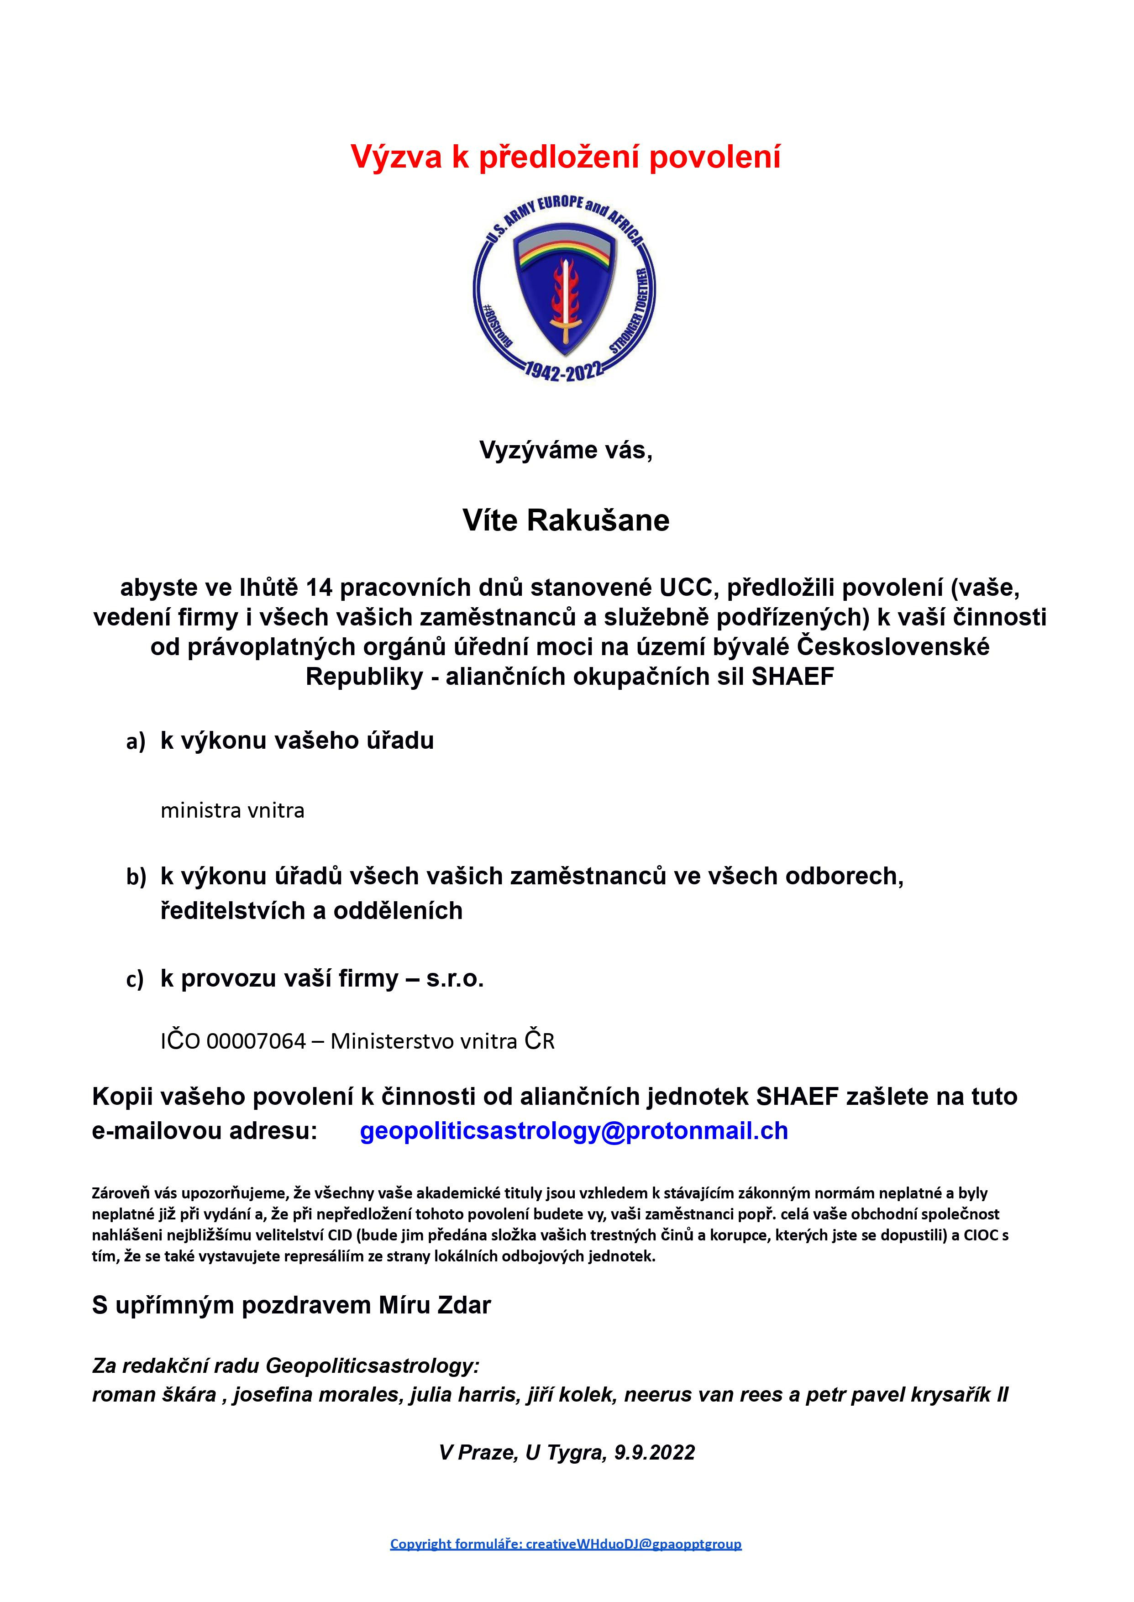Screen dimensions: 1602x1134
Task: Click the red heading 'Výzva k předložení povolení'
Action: click(566, 157)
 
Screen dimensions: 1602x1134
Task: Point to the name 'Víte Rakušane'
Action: click(566, 520)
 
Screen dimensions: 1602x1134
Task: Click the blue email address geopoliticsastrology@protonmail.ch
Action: click(574, 1130)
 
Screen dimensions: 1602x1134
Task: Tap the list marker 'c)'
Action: click(135, 980)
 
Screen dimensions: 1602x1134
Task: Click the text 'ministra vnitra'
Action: click(232, 810)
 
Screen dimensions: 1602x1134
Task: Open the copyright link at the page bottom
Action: click(566, 1544)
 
